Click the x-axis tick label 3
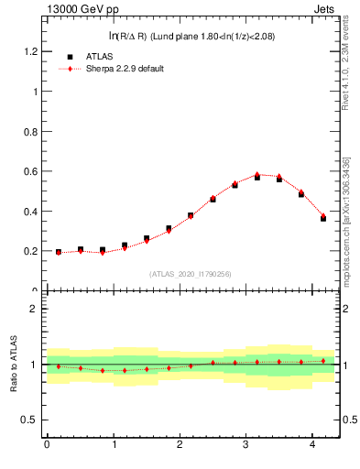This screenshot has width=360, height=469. point(246,444)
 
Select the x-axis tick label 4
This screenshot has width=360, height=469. point(313,444)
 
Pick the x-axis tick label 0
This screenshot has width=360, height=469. point(47,444)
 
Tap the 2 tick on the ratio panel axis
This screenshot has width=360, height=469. point(34,309)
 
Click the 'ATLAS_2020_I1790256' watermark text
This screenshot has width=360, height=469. point(191,274)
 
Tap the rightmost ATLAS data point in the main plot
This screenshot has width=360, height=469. point(323,218)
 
